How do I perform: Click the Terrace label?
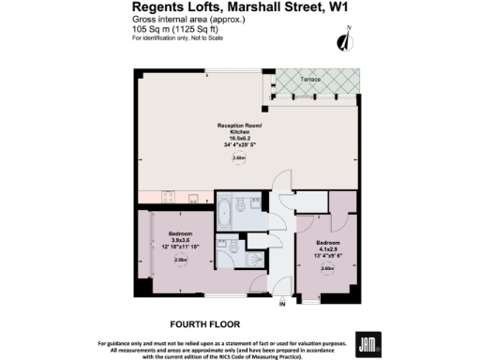(310, 80)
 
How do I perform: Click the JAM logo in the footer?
(367, 343)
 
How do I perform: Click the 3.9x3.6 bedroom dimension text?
(180, 240)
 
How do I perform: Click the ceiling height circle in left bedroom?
(180, 262)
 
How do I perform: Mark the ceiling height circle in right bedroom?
(327, 268)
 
